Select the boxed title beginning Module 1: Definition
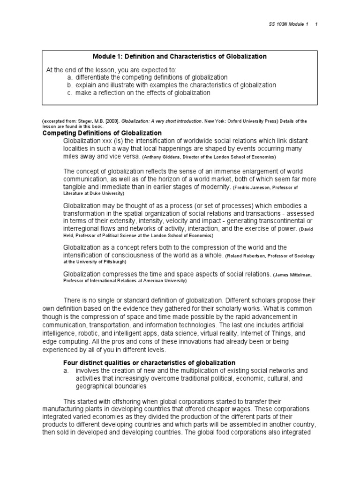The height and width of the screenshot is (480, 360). tap(180, 56)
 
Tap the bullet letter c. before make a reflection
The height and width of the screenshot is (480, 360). tap(69, 93)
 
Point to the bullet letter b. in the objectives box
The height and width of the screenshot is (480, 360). tap(69, 85)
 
